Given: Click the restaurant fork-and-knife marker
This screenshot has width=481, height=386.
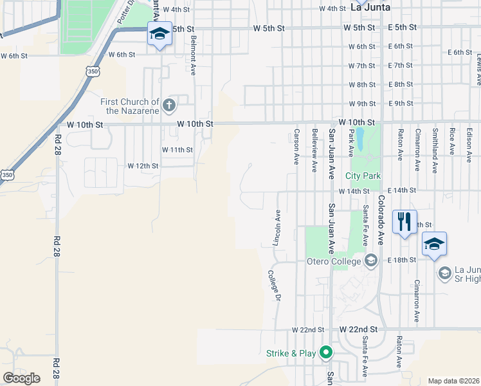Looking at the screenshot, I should (x=404, y=222).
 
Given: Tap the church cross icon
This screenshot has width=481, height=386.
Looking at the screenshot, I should (x=169, y=104).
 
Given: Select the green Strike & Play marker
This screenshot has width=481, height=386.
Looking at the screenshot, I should (x=326, y=353).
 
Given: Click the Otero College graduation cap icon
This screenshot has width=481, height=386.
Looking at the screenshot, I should (x=370, y=261).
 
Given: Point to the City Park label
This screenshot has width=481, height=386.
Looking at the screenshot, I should (x=363, y=176).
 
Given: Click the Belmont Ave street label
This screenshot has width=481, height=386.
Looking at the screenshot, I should (x=192, y=55).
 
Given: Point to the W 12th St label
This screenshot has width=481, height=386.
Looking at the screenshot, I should (x=143, y=165).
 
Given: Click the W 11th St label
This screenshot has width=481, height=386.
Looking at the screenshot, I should (x=177, y=149).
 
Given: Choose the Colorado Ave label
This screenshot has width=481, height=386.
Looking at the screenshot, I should (x=380, y=219).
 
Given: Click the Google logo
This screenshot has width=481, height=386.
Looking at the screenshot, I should (x=21, y=378).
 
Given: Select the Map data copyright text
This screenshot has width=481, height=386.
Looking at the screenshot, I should (x=453, y=381).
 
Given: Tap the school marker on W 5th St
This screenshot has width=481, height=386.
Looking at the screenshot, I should (x=159, y=33).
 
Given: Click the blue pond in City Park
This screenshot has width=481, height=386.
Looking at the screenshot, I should (x=359, y=136).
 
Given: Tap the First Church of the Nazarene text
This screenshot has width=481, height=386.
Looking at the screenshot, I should (x=129, y=106).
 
